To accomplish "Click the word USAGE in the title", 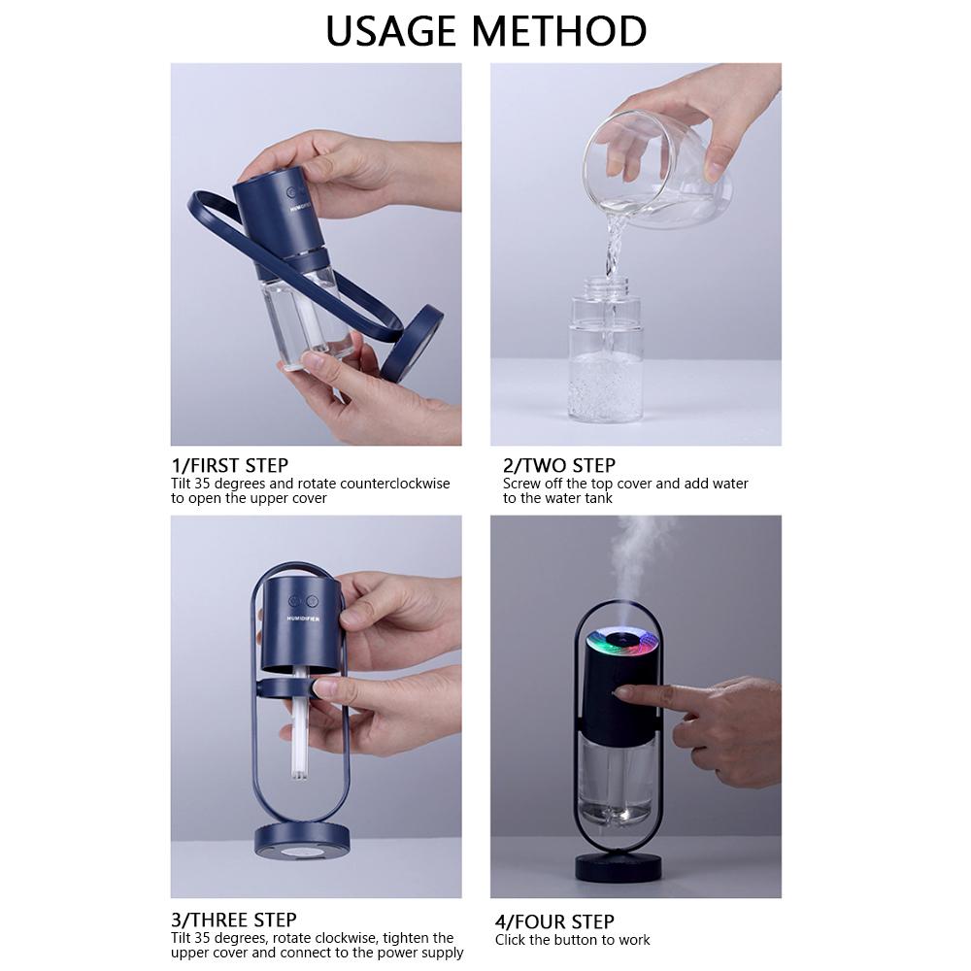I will (x=395, y=31).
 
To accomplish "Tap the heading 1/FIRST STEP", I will (x=230, y=465).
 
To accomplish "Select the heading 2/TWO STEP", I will (x=559, y=465).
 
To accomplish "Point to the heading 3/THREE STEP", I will (x=234, y=920).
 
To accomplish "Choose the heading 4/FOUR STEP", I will (x=554, y=921).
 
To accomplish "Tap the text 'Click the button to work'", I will (x=573, y=939).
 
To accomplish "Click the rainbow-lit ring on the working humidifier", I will (x=624, y=642).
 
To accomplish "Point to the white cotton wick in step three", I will (x=299, y=738).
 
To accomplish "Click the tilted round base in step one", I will (x=412, y=345).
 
